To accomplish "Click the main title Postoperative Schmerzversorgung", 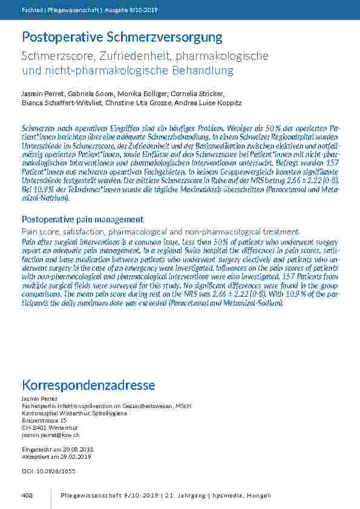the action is point(122,37).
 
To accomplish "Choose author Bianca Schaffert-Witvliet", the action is point(54,103).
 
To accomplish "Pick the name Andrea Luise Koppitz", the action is point(208,103).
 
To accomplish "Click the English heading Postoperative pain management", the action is point(82,219).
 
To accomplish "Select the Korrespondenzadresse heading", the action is point(88,385).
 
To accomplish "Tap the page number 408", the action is point(27,496).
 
